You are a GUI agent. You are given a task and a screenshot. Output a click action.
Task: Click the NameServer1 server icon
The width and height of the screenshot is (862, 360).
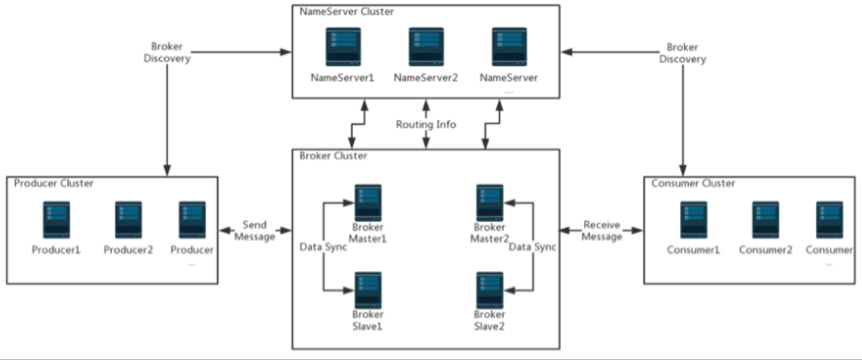point(343,47)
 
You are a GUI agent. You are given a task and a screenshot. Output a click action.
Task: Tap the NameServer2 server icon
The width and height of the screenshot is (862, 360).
point(426,47)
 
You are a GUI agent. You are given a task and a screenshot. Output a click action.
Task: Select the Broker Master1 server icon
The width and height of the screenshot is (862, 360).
point(368,203)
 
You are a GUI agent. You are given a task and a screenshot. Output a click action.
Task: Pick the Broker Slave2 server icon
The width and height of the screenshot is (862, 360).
point(490,290)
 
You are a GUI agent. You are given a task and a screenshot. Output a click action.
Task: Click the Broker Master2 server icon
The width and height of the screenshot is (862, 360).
point(490,203)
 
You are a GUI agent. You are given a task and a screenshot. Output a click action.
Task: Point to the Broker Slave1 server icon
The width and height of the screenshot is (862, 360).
point(368,290)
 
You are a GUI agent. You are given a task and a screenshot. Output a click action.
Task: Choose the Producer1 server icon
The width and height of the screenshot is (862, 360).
point(56,220)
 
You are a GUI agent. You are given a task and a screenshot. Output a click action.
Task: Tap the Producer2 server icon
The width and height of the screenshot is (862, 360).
point(128,220)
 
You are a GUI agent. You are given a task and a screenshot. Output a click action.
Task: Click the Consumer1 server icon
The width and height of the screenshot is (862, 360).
point(693,220)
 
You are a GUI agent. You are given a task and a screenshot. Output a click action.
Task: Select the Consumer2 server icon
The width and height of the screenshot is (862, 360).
point(766,220)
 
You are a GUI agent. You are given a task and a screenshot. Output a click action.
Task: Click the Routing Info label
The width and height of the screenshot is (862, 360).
point(426,125)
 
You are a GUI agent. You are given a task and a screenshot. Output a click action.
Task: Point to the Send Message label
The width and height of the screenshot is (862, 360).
point(255,231)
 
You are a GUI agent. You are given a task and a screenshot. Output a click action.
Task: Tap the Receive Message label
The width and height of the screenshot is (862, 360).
point(602,231)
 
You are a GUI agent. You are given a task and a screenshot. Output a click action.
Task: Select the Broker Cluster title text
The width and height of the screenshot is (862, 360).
point(333,156)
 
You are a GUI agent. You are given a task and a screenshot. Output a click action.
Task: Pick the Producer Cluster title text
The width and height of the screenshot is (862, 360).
point(54,184)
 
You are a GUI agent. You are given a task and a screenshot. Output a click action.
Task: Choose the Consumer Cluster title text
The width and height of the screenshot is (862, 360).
point(693,184)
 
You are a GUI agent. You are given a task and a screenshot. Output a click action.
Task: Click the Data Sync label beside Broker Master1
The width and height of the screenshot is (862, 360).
point(323,248)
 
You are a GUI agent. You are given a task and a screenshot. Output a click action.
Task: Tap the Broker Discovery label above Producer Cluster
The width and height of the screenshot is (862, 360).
point(167,53)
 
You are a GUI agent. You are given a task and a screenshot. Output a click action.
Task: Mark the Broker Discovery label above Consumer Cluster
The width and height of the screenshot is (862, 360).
point(682,53)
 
